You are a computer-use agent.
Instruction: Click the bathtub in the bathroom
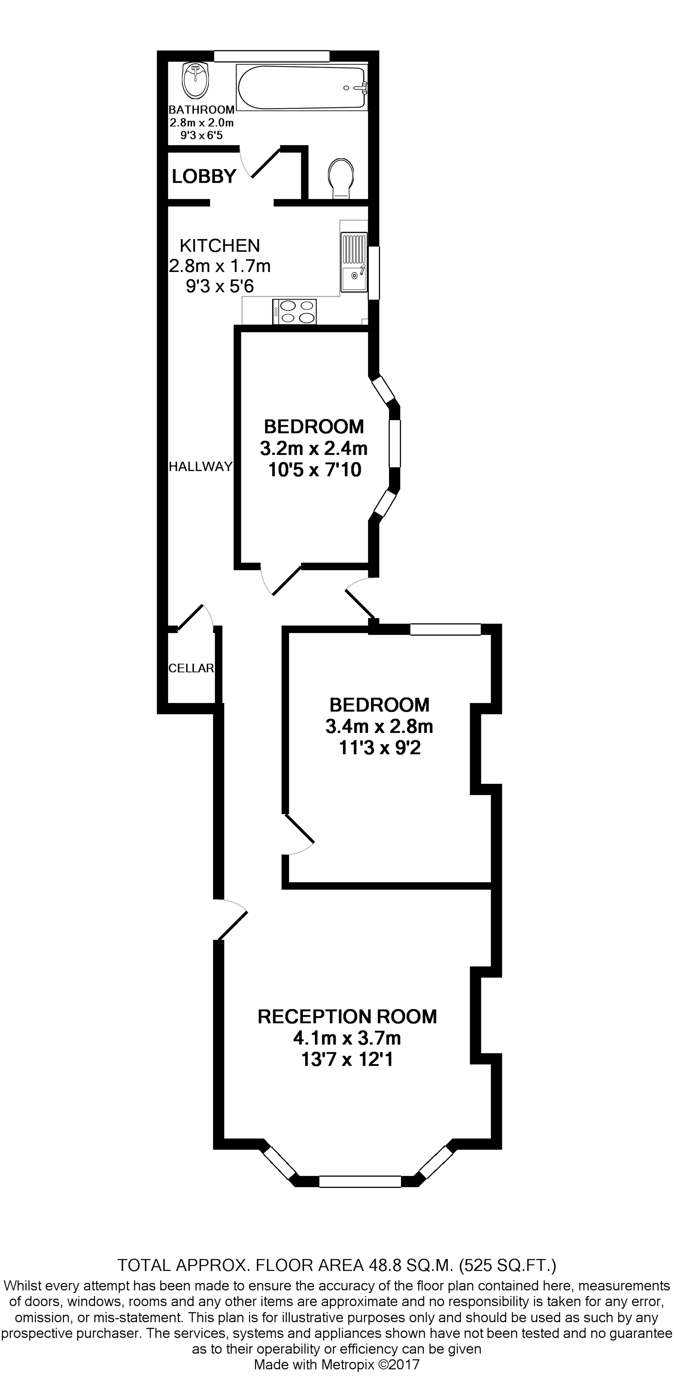point(302,87)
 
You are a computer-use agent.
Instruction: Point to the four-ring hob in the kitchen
point(295,311)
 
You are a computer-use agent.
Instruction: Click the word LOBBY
point(204,176)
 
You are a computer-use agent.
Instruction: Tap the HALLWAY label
point(200,466)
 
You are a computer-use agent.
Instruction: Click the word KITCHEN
point(219,245)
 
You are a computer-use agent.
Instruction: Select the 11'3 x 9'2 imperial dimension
point(379,748)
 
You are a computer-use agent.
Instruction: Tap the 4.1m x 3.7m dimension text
point(347,1038)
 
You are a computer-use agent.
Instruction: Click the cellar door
point(191,616)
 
